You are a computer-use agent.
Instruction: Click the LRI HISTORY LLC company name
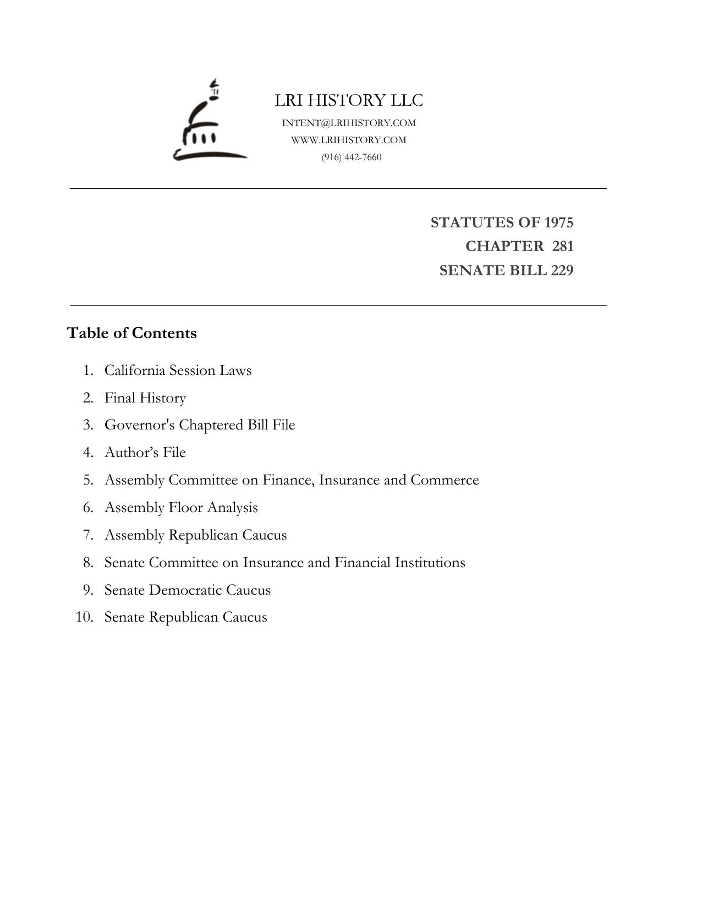tap(349, 100)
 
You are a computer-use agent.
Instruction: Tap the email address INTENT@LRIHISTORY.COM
tap(349, 123)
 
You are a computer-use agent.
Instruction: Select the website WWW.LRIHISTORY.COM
tap(349, 140)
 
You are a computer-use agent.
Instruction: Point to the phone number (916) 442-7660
tap(352, 157)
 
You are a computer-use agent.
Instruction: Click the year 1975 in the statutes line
tap(558, 222)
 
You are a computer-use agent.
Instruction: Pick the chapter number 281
tap(562, 246)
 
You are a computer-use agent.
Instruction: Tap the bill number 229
tap(561, 270)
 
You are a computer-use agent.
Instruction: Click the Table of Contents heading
tap(131, 333)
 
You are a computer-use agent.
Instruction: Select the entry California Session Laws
tap(178, 370)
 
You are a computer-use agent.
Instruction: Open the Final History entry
tap(145, 398)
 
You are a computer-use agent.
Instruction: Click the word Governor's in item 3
tap(139, 425)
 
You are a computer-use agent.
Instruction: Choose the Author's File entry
tap(145, 453)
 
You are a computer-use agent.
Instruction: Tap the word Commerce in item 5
tap(445, 480)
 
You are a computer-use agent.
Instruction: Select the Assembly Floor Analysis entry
tap(181, 508)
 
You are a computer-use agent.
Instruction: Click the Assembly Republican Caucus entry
tap(195, 535)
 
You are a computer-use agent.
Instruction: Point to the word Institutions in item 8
tap(430, 563)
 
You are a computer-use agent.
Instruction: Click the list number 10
tap(84, 617)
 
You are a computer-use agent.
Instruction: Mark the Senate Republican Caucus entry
tap(185, 617)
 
